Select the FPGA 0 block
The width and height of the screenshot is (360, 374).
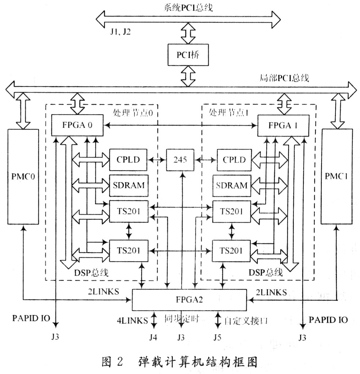[77, 125]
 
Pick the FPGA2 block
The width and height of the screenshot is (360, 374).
[189, 299]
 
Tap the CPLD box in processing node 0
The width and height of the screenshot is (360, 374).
[128, 160]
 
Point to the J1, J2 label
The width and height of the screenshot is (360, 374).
[121, 31]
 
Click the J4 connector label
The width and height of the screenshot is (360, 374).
[154, 337]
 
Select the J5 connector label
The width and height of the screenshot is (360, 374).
[218, 337]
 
